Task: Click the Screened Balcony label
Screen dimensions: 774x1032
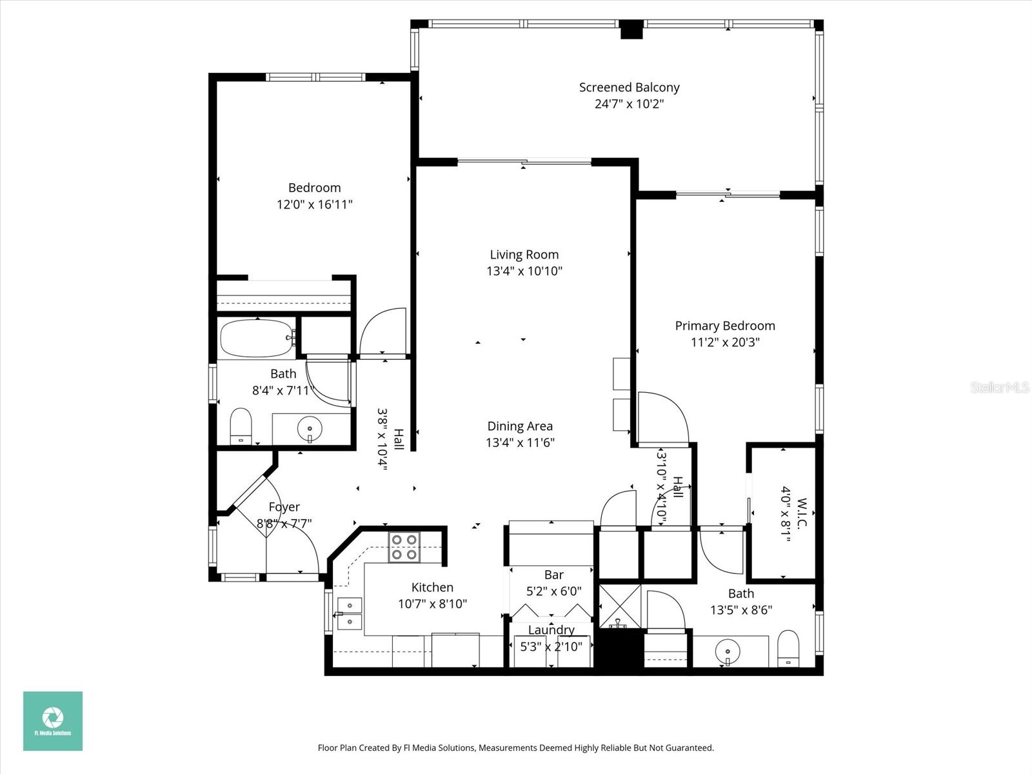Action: click(629, 87)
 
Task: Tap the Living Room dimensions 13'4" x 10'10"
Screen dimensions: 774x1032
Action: click(524, 272)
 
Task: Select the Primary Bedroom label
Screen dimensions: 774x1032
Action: click(725, 326)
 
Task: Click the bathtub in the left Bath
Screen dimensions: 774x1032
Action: click(256, 339)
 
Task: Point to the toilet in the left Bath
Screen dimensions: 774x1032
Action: click(241, 426)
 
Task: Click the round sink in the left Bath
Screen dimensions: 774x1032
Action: click(310, 428)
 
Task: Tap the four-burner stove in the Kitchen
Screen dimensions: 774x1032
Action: click(404, 547)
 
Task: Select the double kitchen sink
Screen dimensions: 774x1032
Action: click(349, 613)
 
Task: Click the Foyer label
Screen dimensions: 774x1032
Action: click(284, 507)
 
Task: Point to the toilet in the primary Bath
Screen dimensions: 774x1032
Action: click(788, 648)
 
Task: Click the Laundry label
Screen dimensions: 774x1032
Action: click(551, 630)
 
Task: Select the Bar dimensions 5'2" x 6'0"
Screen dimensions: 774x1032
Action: click(553, 591)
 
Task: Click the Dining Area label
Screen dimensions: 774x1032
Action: click(520, 426)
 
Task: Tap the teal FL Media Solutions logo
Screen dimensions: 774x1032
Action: click(53, 720)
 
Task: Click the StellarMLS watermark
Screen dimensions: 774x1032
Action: click(1000, 388)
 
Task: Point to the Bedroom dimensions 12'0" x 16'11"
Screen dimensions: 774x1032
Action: click(314, 204)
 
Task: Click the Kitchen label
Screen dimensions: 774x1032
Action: click(432, 588)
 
